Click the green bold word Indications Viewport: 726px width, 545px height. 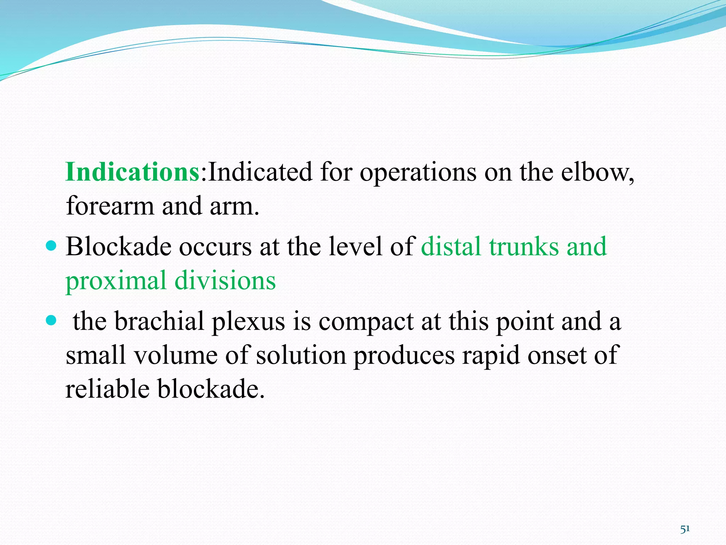[x=133, y=172]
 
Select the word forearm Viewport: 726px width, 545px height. [x=110, y=206]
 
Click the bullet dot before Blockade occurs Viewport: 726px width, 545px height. [x=51, y=245]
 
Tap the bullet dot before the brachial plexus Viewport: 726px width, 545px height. [x=51, y=321]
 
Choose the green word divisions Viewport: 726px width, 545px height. [x=225, y=280]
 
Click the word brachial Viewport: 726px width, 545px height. [x=160, y=321]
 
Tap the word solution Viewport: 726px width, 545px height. [x=301, y=355]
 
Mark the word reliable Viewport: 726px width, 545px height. [x=108, y=389]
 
